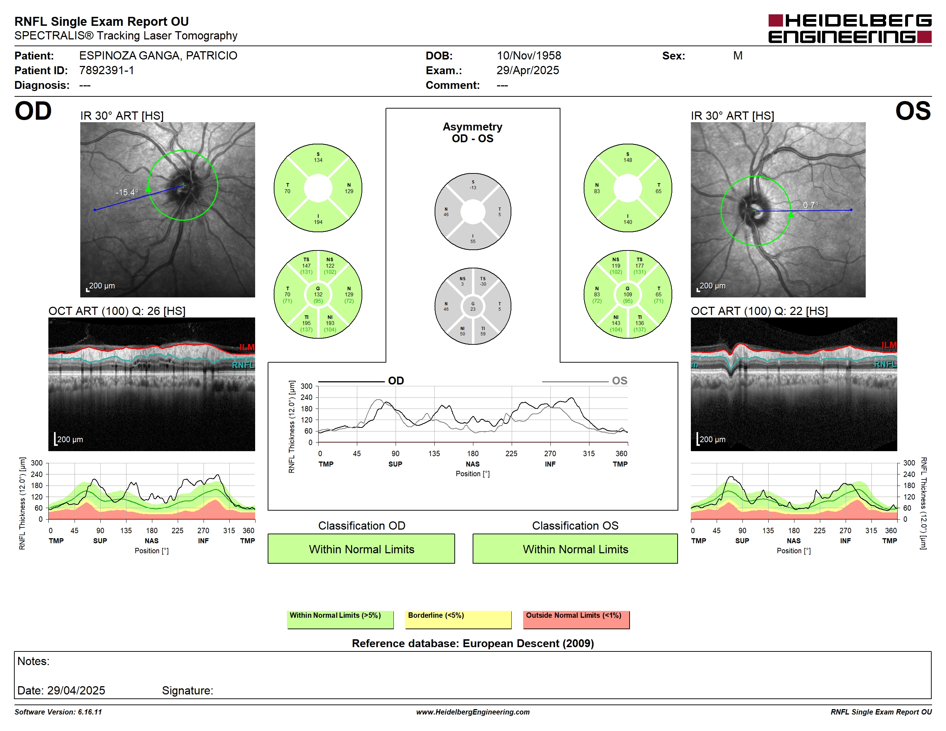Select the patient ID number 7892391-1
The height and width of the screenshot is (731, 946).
pyautogui.click(x=106, y=70)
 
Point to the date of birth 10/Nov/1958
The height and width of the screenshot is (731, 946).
pyautogui.click(x=529, y=56)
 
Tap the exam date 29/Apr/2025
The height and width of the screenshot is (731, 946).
pyautogui.click(x=527, y=70)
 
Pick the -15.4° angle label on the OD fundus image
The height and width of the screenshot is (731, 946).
pyautogui.click(x=127, y=192)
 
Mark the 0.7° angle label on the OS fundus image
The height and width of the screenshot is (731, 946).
pyautogui.click(x=811, y=205)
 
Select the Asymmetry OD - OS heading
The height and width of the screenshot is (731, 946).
pyautogui.click(x=473, y=133)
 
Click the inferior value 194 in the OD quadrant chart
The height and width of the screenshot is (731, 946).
pyautogui.click(x=318, y=222)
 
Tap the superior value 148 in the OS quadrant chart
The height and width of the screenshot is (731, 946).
pyautogui.click(x=628, y=160)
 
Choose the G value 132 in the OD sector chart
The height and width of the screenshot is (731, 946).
pyautogui.click(x=318, y=295)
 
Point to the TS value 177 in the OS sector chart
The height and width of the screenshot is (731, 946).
pyautogui.click(x=639, y=266)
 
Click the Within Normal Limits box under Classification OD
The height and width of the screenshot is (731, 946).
pyautogui.click(x=361, y=549)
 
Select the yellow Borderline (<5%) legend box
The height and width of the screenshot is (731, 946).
pyautogui.click(x=458, y=620)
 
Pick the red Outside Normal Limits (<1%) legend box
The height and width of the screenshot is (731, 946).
pyautogui.click(x=576, y=620)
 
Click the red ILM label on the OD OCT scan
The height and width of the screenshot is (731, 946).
pyautogui.click(x=247, y=347)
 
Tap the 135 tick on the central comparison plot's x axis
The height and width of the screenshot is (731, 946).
pyautogui.click(x=434, y=453)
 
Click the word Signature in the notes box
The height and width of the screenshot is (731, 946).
pyautogui.click(x=187, y=690)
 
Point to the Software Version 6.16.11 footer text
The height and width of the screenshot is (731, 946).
pyautogui.click(x=58, y=712)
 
